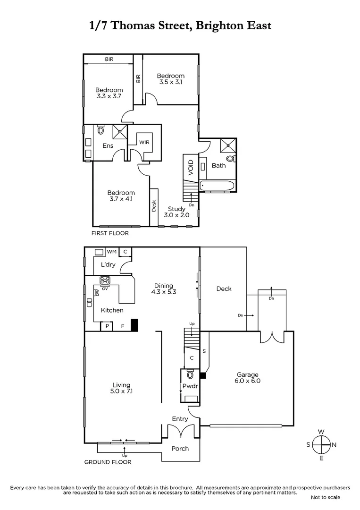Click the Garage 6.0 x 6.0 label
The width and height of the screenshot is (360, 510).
248,377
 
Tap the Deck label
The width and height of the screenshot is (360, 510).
224,289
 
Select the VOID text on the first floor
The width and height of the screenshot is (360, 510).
191,168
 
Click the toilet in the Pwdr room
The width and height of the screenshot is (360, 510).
190,375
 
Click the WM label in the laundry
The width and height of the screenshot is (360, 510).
111,252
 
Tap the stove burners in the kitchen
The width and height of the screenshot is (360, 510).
105,280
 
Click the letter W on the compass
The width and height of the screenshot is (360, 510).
321,432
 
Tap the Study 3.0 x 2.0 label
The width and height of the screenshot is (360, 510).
176,212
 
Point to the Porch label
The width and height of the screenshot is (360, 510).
180,449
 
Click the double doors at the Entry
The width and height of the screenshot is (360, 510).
181,431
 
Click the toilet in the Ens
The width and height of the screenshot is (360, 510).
100,130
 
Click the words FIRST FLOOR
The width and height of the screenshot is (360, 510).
110,233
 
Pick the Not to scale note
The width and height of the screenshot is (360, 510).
325,497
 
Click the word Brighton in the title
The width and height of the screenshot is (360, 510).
208,25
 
